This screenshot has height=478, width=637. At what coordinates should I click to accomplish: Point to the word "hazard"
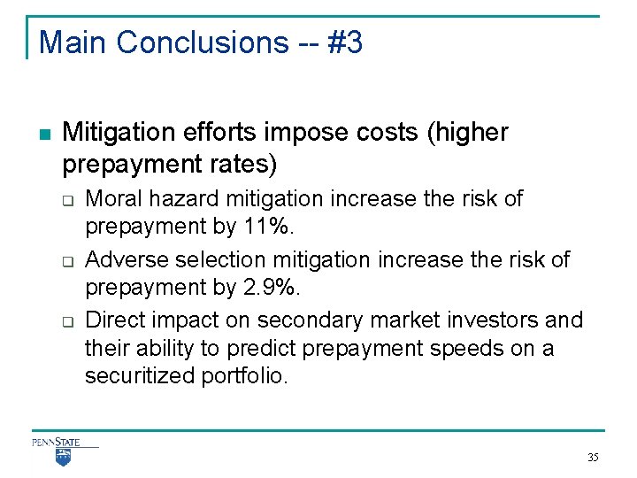(x=175, y=198)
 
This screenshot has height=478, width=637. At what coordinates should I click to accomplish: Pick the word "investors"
(x=493, y=320)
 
